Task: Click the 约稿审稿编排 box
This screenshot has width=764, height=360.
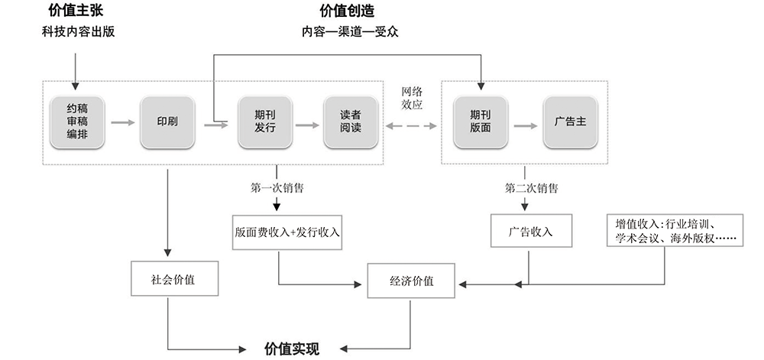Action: coord(76,122)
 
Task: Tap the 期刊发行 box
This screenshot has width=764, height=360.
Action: coord(264,122)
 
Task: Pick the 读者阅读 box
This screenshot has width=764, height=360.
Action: coord(350,122)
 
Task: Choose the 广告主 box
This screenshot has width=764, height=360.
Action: coord(569,122)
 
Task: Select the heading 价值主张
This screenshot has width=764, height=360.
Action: coord(76,11)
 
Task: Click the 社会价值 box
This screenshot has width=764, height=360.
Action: coord(173,280)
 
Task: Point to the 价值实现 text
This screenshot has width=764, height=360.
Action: coord(291,349)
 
